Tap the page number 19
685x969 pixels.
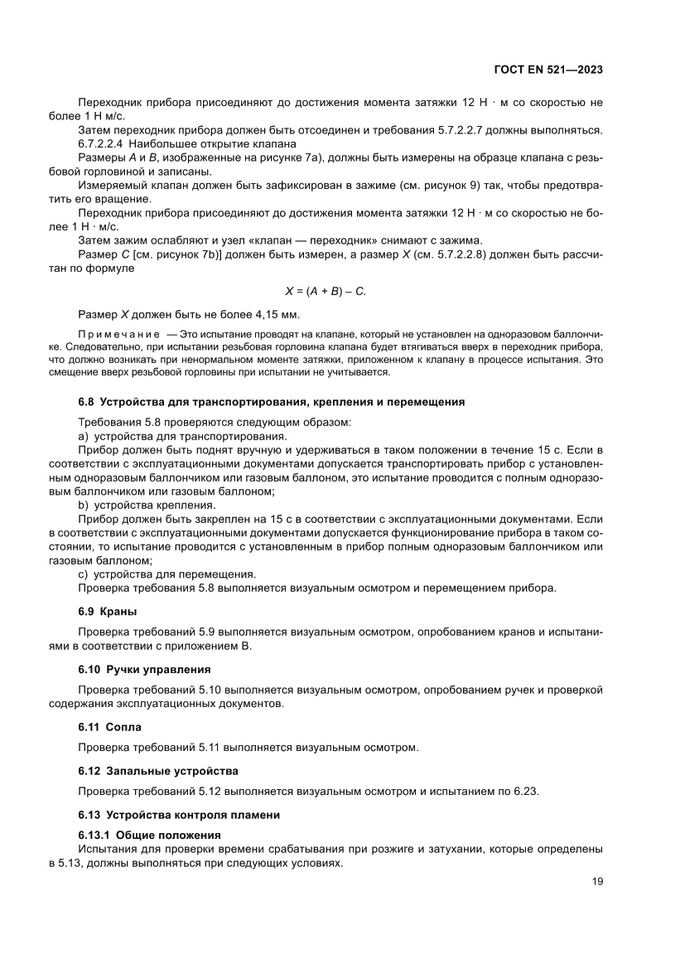coord(596,881)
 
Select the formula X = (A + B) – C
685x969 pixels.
coord(326,291)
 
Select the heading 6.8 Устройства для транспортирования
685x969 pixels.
coord(271,402)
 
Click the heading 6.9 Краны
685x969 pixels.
coord(102,612)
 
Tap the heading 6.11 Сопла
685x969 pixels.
coord(109,727)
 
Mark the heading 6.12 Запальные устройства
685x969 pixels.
coord(157,771)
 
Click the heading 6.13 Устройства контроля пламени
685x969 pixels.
coord(179,815)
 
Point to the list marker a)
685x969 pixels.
coord(83,436)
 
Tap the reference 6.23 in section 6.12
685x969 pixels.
coord(525,791)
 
